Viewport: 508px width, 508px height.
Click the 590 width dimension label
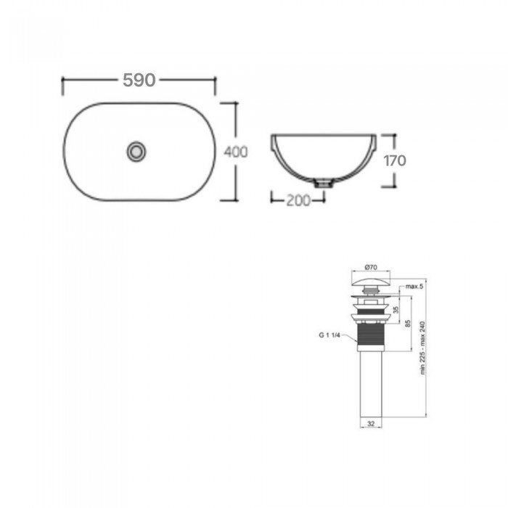(x=139, y=81)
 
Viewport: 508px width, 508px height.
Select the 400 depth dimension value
(x=236, y=152)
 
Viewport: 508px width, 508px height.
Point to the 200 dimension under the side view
(x=294, y=200)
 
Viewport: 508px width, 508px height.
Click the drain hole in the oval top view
(x=136, y=151)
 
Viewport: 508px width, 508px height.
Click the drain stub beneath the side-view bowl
(x=320, y=183)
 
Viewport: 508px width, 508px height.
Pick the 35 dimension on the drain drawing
(x=395, y=308)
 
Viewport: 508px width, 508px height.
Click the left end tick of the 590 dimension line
(x=63, y=86)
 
